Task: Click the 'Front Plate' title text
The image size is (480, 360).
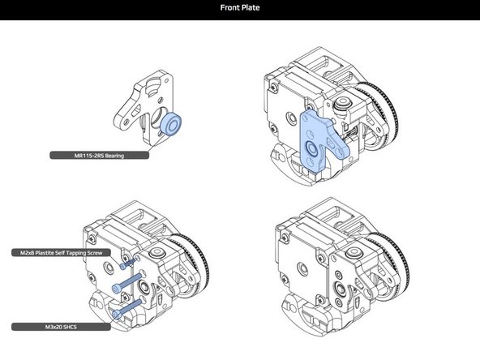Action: tap(239, 10)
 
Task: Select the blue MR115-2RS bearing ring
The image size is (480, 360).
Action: tap(171, 125)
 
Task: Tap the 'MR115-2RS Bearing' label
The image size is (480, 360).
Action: tap(98, 154)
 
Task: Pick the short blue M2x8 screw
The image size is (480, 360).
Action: tap(124, 264)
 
